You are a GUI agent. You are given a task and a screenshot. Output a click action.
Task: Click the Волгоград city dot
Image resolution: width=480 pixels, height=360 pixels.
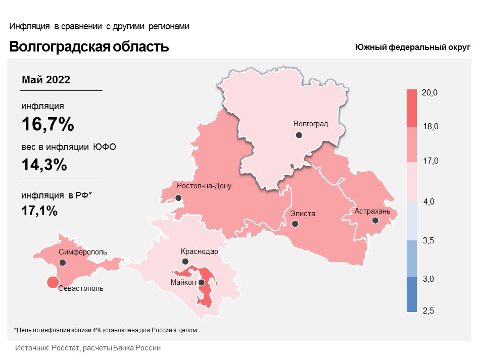click(299, 135)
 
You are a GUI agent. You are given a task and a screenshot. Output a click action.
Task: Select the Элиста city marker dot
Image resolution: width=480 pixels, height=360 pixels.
click(295, 224)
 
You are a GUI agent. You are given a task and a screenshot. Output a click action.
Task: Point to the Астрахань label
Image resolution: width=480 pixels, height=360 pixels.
click(372, 211)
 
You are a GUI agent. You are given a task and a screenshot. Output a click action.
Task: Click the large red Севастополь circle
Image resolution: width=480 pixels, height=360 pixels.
click(52, 283)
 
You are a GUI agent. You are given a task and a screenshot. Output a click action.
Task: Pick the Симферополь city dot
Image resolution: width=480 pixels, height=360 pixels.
click(63, 263)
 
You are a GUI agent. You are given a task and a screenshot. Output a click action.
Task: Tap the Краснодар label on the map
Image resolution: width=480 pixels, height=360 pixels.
click(199, 251)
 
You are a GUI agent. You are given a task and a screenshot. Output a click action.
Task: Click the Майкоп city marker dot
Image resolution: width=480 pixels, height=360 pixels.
click(202, 283)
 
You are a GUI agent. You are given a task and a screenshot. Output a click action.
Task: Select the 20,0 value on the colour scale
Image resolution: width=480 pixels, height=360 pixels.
click(429, 93)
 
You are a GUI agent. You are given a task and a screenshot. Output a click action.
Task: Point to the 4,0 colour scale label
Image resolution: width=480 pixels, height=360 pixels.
click(429, 202)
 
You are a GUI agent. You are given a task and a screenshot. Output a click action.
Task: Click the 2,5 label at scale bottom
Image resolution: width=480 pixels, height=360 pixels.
click(429, 311)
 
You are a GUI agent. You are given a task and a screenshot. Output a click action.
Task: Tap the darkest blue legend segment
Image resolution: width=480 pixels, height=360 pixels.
click(412, 294)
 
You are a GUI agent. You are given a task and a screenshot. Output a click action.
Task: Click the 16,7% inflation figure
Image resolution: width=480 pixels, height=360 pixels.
click(47, 124)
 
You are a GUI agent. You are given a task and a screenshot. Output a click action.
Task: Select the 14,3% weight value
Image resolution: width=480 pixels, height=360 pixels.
click(44, 165)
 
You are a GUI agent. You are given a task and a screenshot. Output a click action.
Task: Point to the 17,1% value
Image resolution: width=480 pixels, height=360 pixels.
click(39, 211)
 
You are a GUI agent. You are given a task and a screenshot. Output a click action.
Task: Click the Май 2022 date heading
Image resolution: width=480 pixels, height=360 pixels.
click(46, 80)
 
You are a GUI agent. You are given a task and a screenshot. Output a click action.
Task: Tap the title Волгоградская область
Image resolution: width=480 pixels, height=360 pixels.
click(89, 47)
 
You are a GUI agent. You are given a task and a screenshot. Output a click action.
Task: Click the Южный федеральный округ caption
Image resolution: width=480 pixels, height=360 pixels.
click(412, 47)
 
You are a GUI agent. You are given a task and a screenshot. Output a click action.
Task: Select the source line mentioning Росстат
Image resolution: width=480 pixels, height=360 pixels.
click(88, 348)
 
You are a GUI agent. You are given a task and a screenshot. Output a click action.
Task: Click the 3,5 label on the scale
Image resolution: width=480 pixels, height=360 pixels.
click(429, 240)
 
